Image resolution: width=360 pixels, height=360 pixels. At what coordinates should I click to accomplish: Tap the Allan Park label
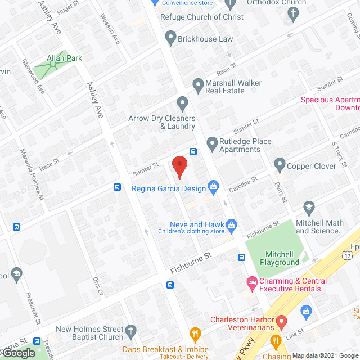[65, 58]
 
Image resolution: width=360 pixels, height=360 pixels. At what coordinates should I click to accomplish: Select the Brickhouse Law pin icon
[170, 38]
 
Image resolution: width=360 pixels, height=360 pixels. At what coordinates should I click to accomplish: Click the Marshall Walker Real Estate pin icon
[197, 85]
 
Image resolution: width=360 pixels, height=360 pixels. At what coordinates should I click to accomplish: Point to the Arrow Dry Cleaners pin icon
[182, 103]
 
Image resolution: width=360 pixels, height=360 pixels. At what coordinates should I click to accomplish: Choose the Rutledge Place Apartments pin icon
[212, 144]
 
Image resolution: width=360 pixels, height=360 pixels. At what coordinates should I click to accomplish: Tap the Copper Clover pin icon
[280, 165]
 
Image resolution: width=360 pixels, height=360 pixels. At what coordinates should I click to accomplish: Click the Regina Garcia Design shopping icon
[213, 186]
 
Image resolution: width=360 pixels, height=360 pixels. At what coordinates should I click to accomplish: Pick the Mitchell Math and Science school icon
[308, 208]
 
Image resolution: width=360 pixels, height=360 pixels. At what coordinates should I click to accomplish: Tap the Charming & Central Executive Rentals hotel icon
[251, 281]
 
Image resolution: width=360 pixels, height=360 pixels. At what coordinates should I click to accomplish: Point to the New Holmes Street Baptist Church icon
[130, 331]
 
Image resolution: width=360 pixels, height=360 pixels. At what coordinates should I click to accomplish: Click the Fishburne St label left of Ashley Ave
[191, 263]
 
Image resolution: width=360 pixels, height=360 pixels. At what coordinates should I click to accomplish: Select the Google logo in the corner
[18, 353]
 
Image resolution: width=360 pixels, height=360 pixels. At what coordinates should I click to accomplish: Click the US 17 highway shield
[349, 255]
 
